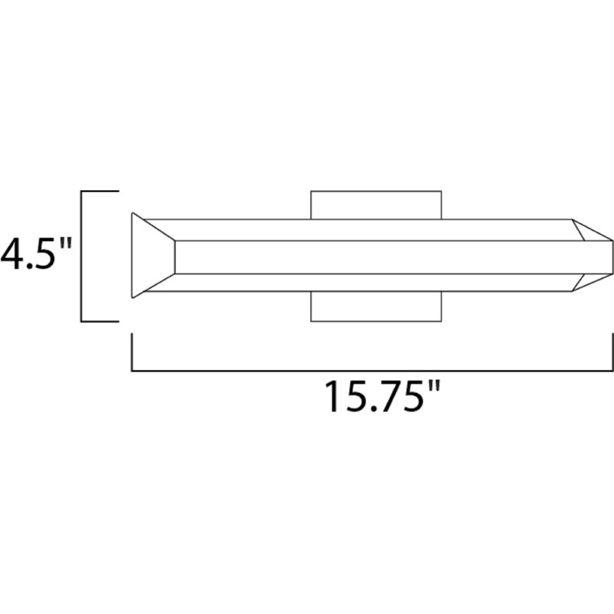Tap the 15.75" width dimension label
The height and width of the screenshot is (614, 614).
click(381, 397)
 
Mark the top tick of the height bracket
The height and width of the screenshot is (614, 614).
click(100, 191)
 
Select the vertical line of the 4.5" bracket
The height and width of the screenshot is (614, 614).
click(82, 256)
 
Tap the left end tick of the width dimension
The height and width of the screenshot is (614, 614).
click(133, 353)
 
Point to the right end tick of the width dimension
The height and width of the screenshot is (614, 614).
click(612, 353)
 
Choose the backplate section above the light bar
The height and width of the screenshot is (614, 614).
click(376, 203)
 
